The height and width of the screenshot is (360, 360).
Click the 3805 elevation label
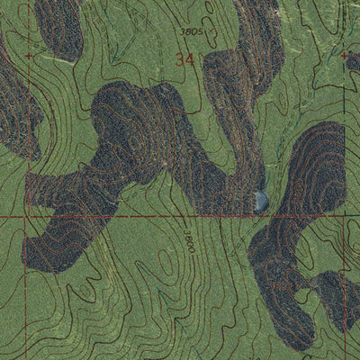click(x=190, y=30)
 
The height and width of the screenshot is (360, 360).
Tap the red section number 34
click(x=185, y=60)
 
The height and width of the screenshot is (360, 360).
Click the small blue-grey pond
click(x=260, y=200)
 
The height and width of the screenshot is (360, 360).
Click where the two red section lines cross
click(x=26, y=218)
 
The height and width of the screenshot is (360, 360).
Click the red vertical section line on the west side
click(x=26, y=288)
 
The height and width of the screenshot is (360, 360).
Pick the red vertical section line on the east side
click(x=346, y=288)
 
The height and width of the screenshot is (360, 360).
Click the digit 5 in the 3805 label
click(x=200, y=30)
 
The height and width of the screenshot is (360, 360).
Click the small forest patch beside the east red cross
click(x=353, y=61)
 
